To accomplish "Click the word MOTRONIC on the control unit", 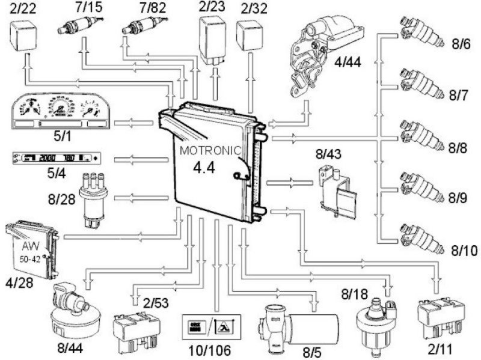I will pyautogui.click(x=213, y=150).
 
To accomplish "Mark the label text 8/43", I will pyautogui.click(x=329, y=154).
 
